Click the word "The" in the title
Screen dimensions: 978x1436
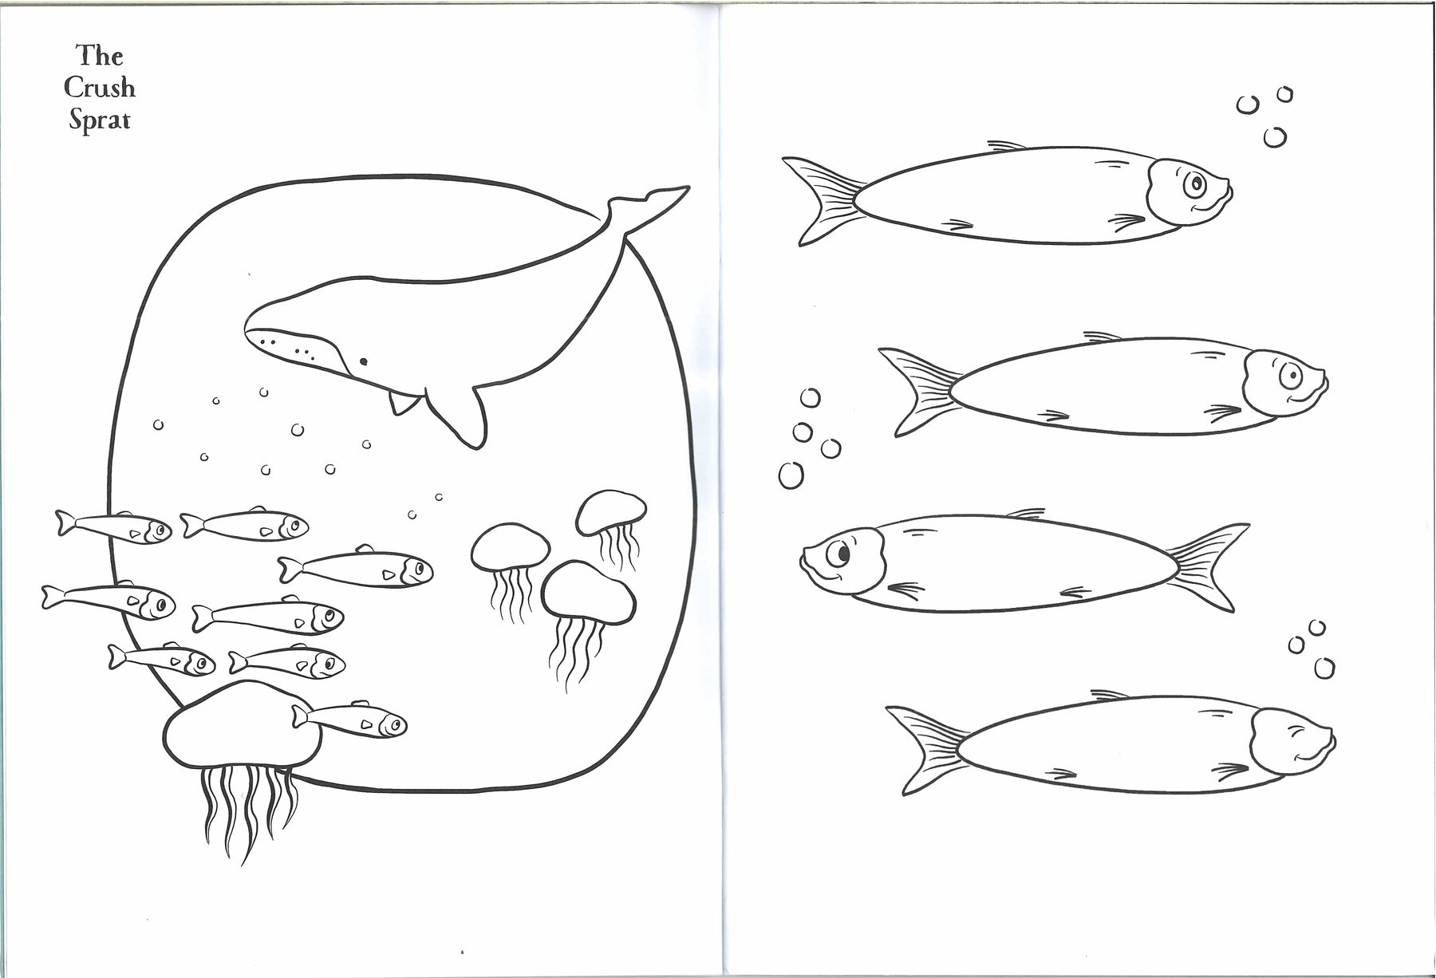click(100, 55)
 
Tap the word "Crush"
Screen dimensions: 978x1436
click(100, 87)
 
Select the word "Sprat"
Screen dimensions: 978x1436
click(100, 120)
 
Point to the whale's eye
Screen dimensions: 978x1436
click(363, 361)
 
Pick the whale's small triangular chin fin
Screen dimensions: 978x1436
click(403, 403)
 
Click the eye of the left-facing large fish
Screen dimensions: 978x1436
click(840, 550)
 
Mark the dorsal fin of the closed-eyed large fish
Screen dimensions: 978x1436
click(1109, 695)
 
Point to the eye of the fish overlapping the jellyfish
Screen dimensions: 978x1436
click(393, 724)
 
